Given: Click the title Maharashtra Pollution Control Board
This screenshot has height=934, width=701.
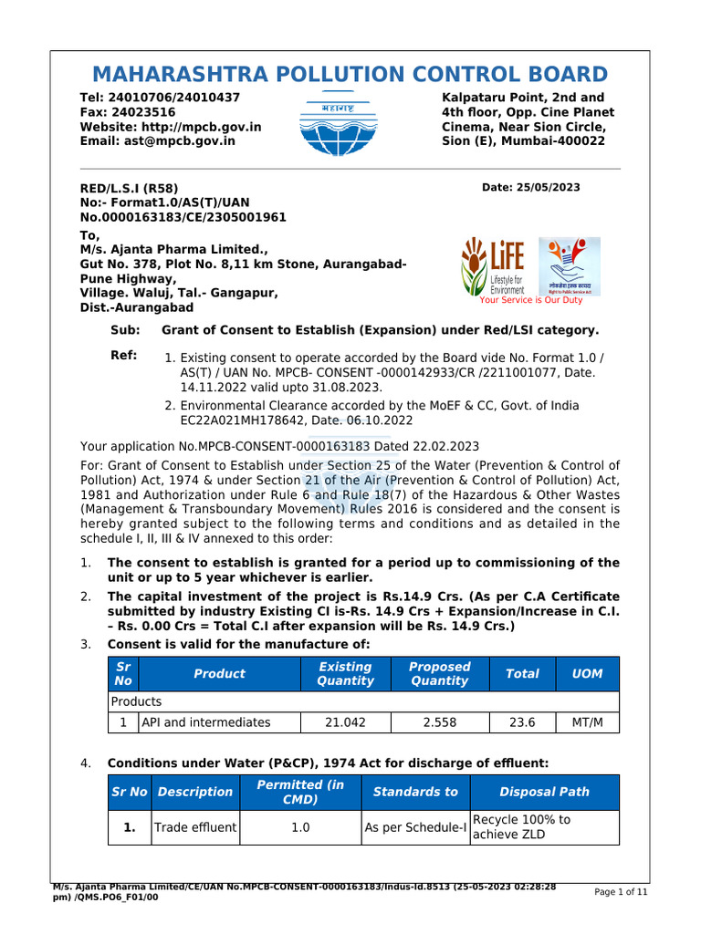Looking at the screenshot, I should (350, 75).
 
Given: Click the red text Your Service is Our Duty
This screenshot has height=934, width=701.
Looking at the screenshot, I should (530, 299).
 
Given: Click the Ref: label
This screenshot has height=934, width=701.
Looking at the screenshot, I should (123, 356).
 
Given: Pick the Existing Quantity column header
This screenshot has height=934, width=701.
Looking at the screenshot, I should (345, 674).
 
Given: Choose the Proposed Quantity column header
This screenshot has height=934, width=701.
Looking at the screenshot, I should (439, 674).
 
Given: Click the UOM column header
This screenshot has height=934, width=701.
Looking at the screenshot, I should (587, 674).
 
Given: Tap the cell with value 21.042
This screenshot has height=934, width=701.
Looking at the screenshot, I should (345, 722).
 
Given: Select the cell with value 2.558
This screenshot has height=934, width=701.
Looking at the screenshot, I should (439, 722).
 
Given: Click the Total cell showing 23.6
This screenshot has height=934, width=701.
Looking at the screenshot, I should (522, 722).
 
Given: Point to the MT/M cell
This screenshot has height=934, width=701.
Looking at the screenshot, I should (587, 722).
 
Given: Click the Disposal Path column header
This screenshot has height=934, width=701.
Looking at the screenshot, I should (544, 792).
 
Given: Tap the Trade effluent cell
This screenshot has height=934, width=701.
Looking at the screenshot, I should (195, 827).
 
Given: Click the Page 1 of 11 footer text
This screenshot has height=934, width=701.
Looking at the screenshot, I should (621, 893).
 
